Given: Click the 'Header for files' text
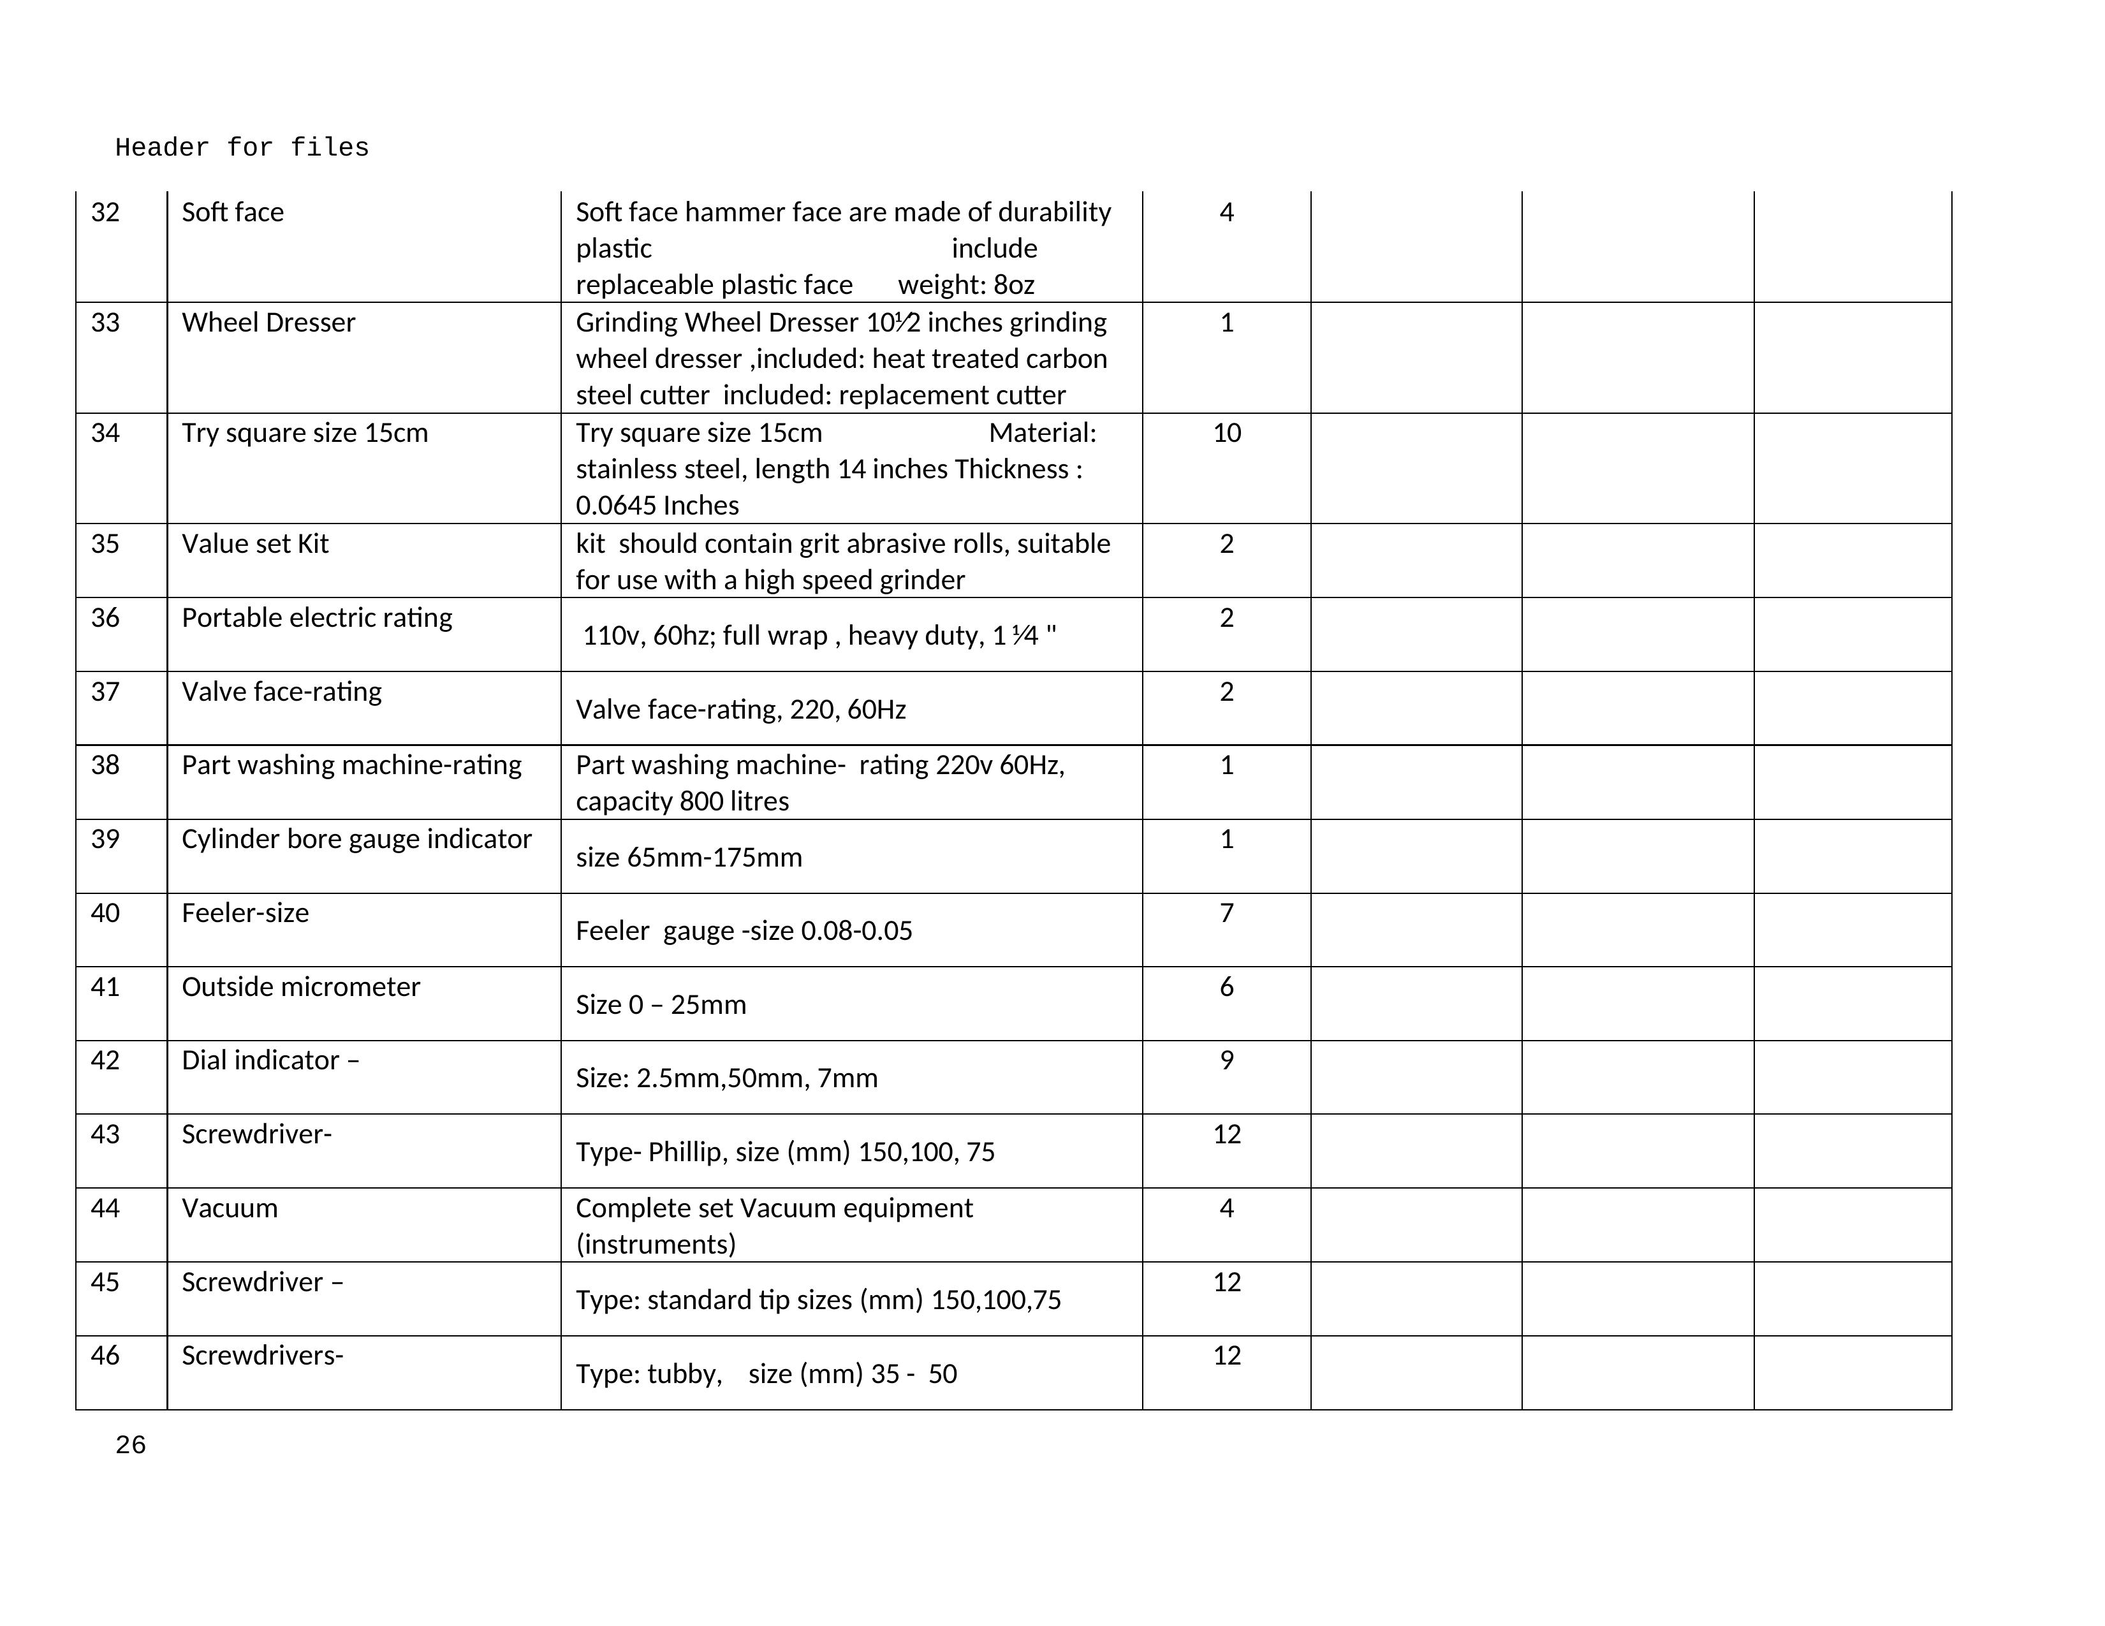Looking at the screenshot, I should click(x=242, y=147).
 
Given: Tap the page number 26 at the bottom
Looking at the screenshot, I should click(x=130, y=1445).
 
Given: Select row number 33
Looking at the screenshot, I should click(x=105, y=323).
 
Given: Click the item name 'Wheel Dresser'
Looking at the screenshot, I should click(x=268, y=323).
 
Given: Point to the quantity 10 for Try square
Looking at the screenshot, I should click(x=1226, y=433).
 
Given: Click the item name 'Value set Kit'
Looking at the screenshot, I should click(x=254, y=544).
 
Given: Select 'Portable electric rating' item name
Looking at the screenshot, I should click(x=316, y=618).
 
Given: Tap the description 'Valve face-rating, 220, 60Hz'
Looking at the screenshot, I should click(x=740, y=710).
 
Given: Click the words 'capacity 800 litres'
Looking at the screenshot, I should click(x=682, y=801).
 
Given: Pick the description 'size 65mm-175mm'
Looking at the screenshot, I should click(x=688, y=857).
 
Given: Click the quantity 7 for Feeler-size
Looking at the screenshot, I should click(x=1226, y=912).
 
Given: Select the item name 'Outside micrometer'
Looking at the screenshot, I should click(x=301, y=987).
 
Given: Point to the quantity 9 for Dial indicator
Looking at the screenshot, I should click(x=1226, y=1060).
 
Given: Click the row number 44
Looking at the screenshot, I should click(x=105, y=1208).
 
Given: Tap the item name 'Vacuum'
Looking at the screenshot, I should click(x=230, y=1208).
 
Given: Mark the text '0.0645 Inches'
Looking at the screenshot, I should click(x=657, y=505).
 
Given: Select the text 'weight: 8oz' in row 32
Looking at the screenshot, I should click(x=965, y=285).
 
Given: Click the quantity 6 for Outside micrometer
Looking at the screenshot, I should click(x=1226, y=987).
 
